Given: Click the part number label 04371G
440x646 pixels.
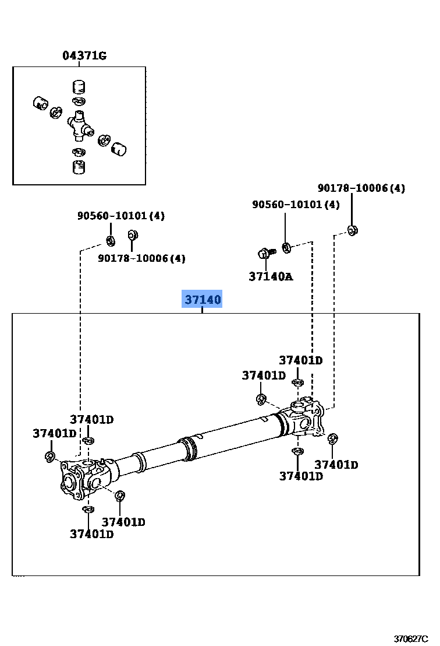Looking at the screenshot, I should tap(84, 56).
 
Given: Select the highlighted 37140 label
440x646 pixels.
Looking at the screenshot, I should tap(203, 300).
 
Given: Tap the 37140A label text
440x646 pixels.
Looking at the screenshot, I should tap(271, 276).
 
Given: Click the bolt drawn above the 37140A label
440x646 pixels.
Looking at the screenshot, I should tap(265, 254).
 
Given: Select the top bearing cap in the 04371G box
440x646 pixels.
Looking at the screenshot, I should tap(79, 87).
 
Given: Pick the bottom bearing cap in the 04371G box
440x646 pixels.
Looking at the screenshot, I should tap(79, 167).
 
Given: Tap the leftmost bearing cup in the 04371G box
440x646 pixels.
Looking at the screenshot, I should tap(40, 103).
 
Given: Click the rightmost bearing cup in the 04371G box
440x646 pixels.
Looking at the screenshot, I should tap(119, 149).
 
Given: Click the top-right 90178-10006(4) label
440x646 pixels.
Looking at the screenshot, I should tap(361, 188).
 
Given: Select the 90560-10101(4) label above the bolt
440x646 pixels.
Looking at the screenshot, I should tap(296, 205).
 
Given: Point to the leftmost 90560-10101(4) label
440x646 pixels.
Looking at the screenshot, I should tap(121, 216).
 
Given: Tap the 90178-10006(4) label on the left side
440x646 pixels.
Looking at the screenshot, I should tap(141, 258).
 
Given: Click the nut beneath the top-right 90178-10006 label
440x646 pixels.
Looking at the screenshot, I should tap(352, 230).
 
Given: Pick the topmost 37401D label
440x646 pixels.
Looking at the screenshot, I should tap(300, 360).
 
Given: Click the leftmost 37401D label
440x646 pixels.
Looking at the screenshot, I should tap(55, 433).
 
